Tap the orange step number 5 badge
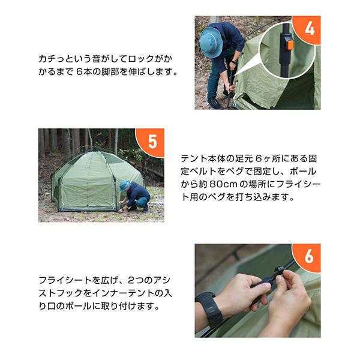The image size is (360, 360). [x=152, y=142]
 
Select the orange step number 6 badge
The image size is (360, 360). [x=308, y=257]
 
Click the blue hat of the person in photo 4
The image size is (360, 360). [x=211, y=43]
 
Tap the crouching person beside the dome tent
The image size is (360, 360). [x=134, y=196]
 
